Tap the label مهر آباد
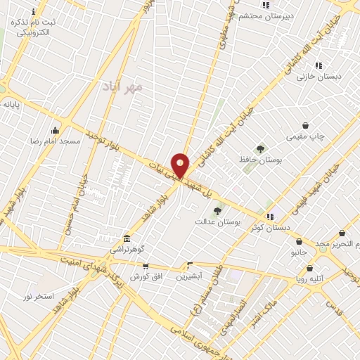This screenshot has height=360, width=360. (122, 86)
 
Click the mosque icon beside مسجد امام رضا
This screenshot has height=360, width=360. (55, 130)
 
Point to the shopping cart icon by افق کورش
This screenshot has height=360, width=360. (146, 266)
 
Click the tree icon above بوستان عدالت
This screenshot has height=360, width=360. (217, 210)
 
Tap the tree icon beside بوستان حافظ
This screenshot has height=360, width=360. (261, 148)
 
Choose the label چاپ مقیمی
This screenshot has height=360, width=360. (305, 136)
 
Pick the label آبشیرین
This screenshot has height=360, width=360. (188, 276)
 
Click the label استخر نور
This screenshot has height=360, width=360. (38, 296)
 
